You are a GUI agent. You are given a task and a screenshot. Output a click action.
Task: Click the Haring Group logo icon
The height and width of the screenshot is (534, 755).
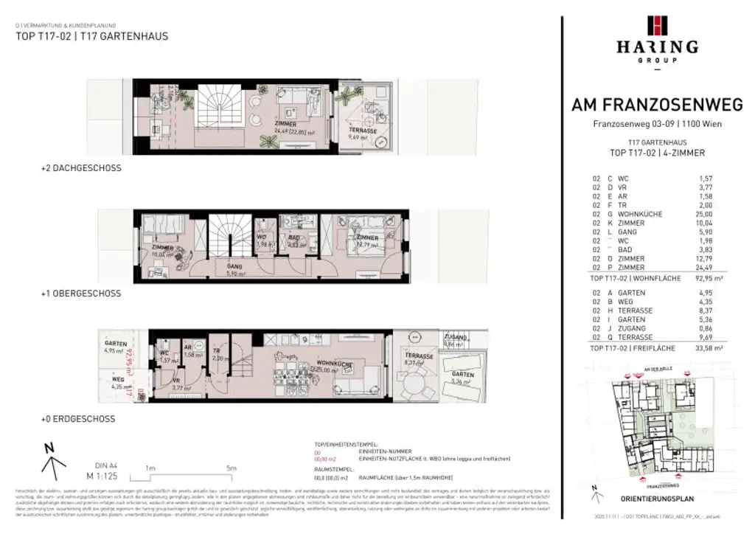click(657, 25)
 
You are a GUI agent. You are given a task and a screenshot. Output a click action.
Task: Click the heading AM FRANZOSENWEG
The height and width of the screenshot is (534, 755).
click(657, 105)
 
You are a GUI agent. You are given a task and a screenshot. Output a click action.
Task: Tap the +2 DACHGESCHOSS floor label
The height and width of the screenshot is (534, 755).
click(81, 168)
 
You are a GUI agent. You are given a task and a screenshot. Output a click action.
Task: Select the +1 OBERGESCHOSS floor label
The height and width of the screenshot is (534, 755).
click(81, 294)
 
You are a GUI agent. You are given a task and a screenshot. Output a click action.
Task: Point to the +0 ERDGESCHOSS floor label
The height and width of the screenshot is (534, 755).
click(78, 419)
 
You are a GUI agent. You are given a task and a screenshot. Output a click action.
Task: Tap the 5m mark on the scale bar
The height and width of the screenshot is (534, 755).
click(231, 468)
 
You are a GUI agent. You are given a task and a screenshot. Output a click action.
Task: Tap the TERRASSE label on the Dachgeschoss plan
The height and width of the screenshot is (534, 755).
click(363, 131)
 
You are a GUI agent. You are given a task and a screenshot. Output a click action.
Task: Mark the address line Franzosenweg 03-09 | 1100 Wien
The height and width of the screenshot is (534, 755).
click(657, 124)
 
